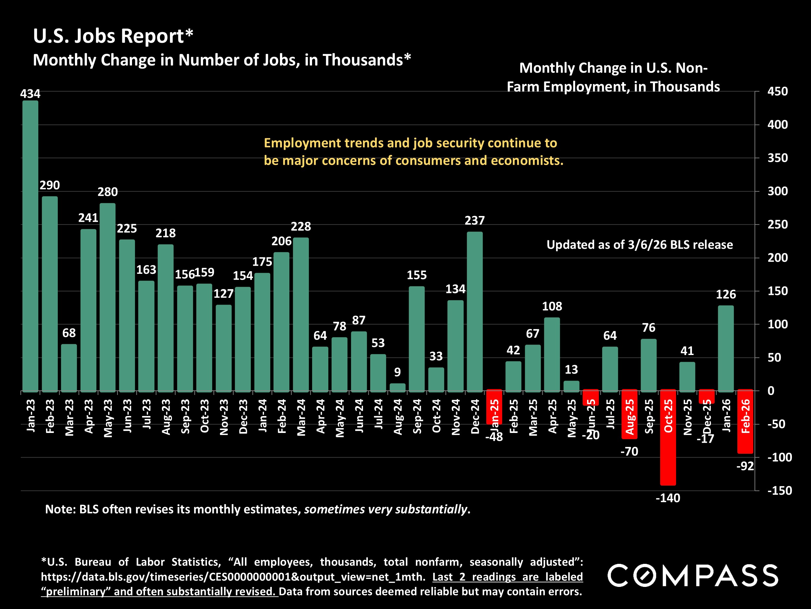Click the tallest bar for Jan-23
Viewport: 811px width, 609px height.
[30, 246]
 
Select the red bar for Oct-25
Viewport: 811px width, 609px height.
[668, 437]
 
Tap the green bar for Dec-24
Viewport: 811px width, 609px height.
[475, 312]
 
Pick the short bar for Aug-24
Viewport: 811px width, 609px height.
[397, 387]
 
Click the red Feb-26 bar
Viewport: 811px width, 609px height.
[745, 421]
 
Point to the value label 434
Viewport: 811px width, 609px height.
[30, 94]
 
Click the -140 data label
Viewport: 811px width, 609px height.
[668, 498]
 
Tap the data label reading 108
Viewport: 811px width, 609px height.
[552, 307]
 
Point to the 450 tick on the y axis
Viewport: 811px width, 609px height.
[777, 91]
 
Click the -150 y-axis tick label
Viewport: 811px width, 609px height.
[780, 490]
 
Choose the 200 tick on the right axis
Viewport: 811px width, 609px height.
[777, 258]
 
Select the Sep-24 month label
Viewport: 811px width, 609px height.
[417, 416]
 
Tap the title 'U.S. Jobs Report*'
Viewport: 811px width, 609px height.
[113, 36]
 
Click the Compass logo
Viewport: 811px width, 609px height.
[693, 575]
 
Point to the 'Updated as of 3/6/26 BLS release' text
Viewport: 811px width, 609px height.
[640, 245]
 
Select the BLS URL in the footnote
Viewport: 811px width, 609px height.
[233, 577]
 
